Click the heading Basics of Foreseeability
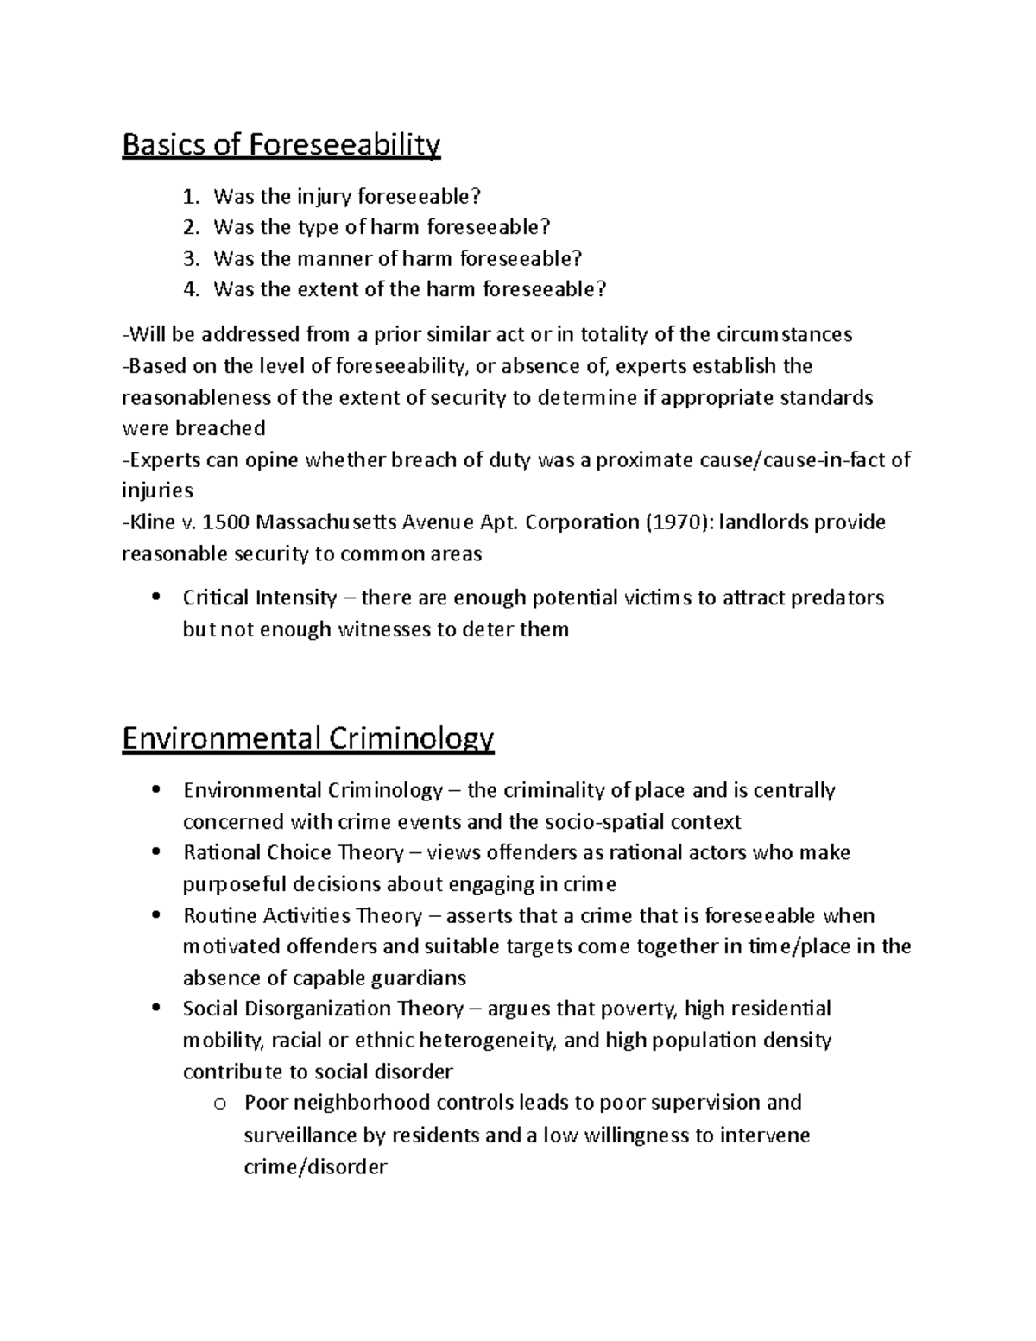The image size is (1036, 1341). coord(281,145)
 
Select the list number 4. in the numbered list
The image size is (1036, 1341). coord(192,289)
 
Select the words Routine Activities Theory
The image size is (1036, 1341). coord(303,915)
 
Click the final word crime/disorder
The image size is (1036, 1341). coord(316,1167)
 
